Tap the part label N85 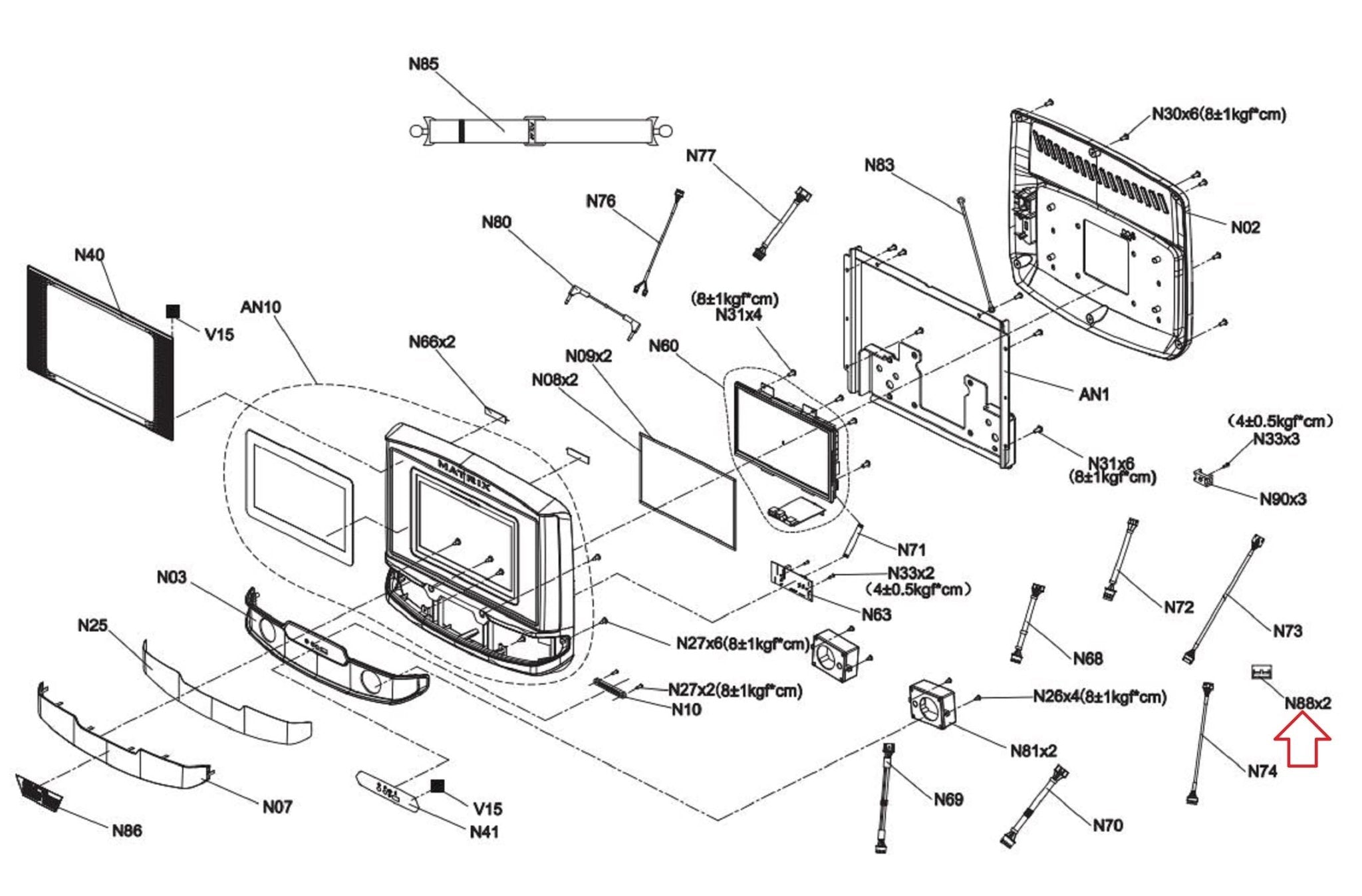tap(424, 64)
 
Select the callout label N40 tap(89, 255)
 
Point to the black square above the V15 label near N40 tap(173, 311)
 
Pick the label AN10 tap(261, 307)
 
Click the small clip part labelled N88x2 tap(1261, 672)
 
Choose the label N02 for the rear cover tap(1245, 227)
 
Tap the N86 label tap(127, 830)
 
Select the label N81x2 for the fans tap(1033, 751)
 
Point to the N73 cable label tap(1288, 631)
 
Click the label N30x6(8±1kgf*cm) tap(1218, 114)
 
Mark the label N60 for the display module tap(663, 346)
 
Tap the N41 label tap(484, 831)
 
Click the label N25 tap(92, 625)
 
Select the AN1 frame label tap(1094, 394)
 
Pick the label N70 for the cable tap(1107, 825)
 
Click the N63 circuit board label tap(877, 615)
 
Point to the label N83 tap(879, 165)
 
